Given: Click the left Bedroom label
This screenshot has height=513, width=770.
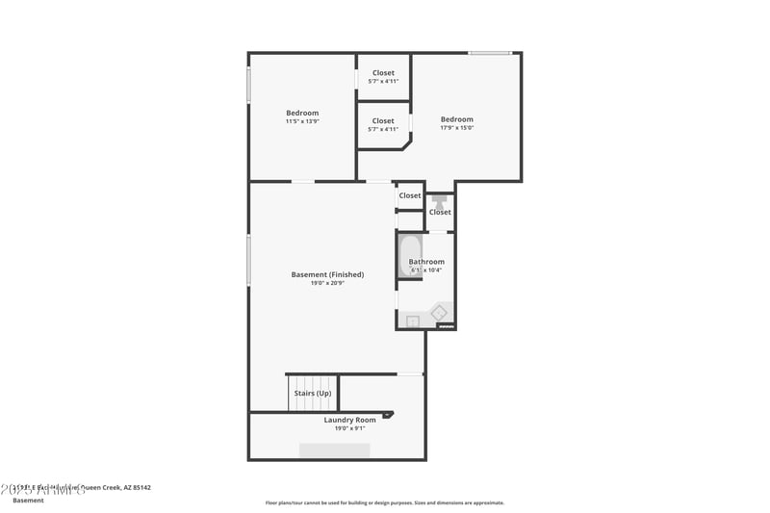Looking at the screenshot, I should click(x=301, y=113).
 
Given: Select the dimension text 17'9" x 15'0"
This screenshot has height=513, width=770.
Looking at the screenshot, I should click(x=456, y=128).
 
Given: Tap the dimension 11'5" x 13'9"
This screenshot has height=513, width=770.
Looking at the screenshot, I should click(x=301, y=121).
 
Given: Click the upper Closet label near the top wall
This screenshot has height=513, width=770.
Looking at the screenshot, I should click(x=383, y=73).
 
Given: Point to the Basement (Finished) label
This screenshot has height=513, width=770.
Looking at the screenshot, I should click(x=327, y=274).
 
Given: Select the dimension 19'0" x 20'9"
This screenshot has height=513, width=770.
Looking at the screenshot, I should click(x=327, y=283).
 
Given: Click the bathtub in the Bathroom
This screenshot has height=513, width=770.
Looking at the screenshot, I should click(x=408, y=256).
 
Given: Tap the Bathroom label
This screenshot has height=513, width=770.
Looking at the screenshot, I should click(x=426, y=262).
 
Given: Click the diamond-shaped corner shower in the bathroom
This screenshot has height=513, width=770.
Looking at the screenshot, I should click(x=439, y=313).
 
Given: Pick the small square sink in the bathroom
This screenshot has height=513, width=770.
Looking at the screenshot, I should click(x=413, y=321).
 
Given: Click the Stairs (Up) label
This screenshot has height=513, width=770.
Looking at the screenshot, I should click(x=313, y=393).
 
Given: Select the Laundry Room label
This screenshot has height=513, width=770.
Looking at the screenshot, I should click(x=349, y=420).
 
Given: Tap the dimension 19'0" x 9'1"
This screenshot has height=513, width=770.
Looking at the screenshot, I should click(x=349, y=428).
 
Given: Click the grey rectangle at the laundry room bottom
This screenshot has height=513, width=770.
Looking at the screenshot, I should click(x=334, y=450).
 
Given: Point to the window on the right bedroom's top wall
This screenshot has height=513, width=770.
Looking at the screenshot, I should click(x=490, y=53).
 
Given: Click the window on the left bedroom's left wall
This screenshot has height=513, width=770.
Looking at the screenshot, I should click(x=249, y=84).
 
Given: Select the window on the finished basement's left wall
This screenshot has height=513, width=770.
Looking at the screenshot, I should click(x=249, y=260).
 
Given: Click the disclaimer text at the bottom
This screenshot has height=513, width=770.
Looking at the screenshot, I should click(x=385, y=502).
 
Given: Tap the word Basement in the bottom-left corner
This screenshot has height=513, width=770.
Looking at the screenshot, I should click(x=28, y=500).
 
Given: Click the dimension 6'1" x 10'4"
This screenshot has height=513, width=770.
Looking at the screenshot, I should click(x=426, y=270).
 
